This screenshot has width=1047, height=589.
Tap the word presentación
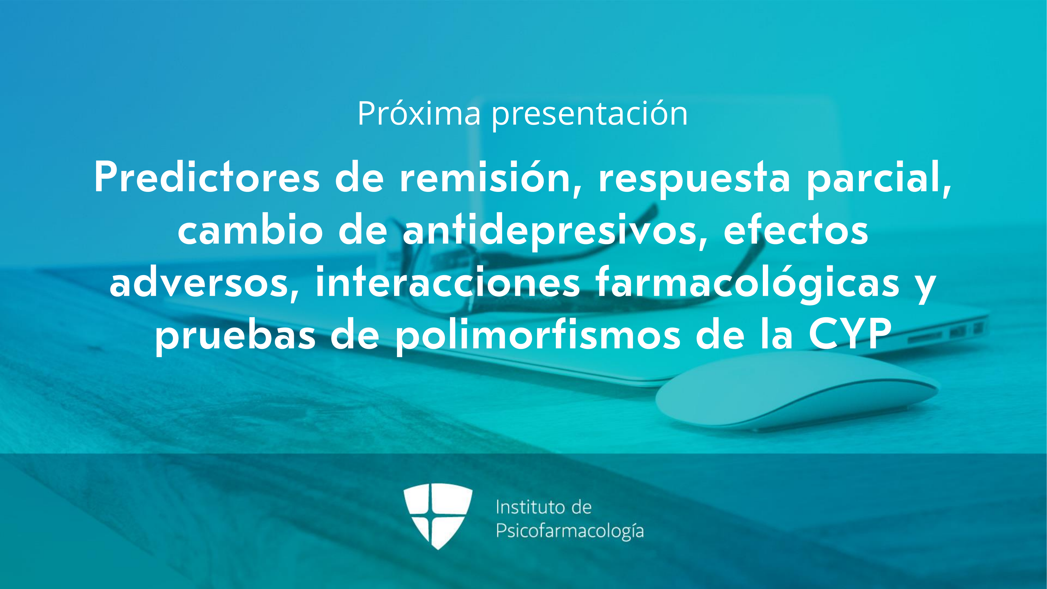point(590,115)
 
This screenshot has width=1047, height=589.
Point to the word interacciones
point(447,281)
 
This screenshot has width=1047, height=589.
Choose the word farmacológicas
point(748,283)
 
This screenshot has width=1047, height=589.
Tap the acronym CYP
point(850,334)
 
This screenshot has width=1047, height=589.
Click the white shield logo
point(438,516)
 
